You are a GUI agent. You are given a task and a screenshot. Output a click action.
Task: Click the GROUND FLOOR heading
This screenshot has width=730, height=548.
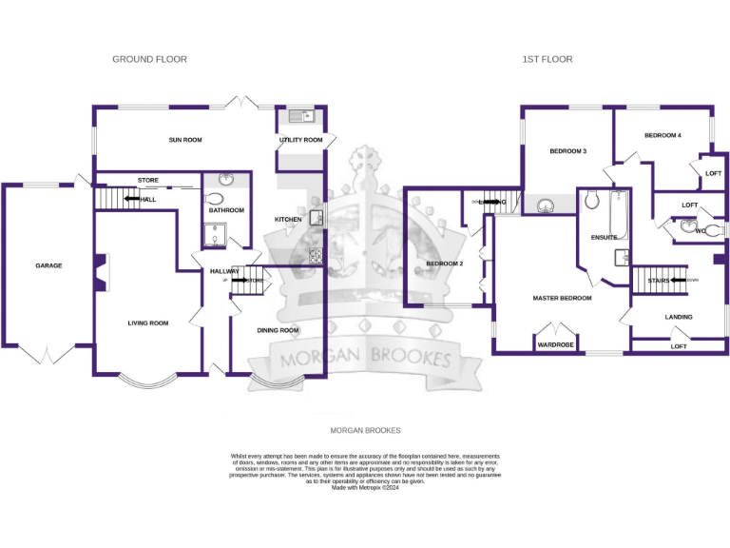coord(149,59)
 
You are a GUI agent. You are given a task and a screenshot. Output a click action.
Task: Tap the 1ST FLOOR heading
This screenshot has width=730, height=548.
coord(547,59)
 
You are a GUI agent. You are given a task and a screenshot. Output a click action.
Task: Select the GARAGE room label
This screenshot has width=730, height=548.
coord(48,265)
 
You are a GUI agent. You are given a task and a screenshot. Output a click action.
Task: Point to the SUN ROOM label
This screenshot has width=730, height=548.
coord(185,140)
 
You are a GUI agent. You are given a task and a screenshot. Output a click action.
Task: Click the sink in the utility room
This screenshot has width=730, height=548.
coord(302,117)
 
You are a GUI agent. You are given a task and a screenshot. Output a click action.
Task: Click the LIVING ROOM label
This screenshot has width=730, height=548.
coord(147,323)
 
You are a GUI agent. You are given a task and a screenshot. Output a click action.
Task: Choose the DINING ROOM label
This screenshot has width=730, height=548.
coord(278,330)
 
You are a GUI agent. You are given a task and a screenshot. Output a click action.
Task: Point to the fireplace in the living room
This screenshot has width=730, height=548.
coord(100,271)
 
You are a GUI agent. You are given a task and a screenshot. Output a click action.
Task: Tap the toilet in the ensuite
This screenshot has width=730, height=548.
coord(591,199)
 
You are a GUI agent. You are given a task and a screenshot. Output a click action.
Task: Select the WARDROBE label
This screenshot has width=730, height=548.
coord(556,344)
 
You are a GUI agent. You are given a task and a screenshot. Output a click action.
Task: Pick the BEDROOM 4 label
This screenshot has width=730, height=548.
coord(663,135)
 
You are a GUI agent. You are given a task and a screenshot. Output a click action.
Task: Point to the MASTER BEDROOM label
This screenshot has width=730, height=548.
coord(562,298)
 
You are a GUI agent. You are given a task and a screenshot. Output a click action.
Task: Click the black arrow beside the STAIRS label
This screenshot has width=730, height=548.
coord(679,281)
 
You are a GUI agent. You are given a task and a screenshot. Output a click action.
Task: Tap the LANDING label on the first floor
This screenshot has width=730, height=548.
coord(679,317)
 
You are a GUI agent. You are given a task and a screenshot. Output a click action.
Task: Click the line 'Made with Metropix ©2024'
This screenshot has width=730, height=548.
coord(365,488)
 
